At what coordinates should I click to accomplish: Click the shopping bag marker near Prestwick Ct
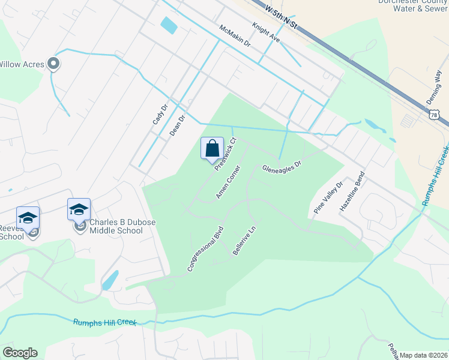click(x=212, y=148)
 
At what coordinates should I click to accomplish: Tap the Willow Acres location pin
click(x=53, y=64)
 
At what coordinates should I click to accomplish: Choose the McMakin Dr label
click(x=235, y=37)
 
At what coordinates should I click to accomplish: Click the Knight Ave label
click(x=266, y=32)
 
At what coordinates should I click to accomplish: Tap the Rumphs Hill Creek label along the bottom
click(x=104, y=323)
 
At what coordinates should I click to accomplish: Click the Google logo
click(x=20, y=353)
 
